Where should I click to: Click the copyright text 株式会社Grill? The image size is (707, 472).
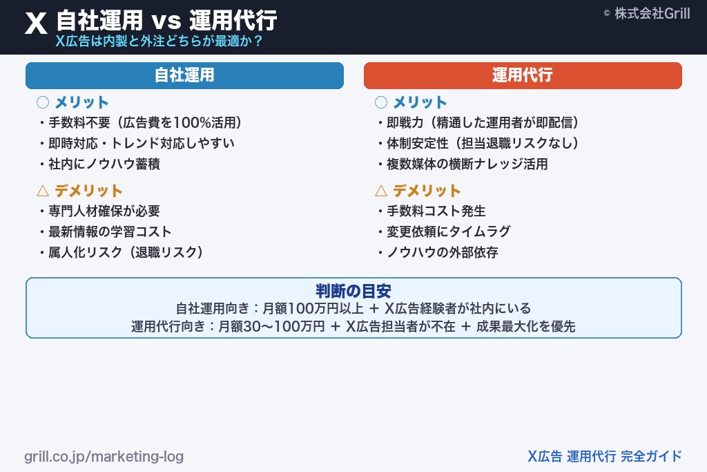click(646, 13)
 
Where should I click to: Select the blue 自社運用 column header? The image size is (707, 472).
click(184, 75)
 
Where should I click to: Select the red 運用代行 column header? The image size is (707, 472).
click(523, 75)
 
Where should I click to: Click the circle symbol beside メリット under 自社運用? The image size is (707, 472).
click(43, 102)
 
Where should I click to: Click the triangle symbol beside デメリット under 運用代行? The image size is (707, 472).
click(381, 191)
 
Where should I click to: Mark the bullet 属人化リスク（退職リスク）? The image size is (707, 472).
click(125, 252)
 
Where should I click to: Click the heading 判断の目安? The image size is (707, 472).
click(353, 291)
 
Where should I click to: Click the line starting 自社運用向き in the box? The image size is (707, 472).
click(353, 309)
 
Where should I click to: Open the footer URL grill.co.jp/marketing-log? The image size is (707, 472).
click(104, 457)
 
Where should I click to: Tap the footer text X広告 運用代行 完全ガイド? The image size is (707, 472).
click(604, 456)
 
